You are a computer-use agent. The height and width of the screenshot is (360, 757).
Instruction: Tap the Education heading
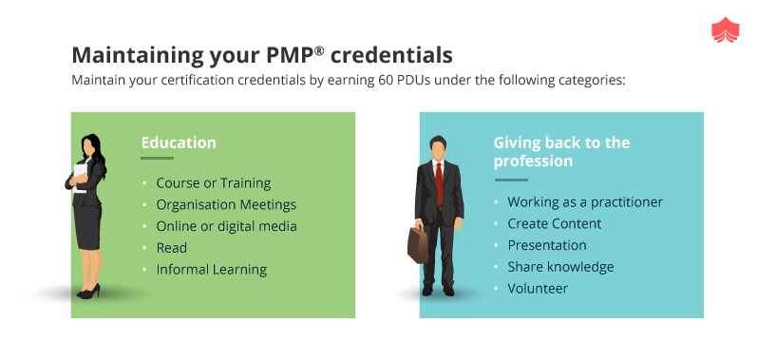pyautogui.click(x=179, y=143)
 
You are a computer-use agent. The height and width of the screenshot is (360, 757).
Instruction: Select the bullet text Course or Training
pyautogui.click(x=214, y=182)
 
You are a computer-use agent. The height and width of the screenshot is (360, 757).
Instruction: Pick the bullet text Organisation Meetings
pyautogui.click(x=226, y=204)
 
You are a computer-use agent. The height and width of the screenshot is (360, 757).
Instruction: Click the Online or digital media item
pyautogui.click(x=226, y=226)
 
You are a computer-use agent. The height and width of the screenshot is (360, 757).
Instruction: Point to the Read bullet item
pyautogui.click(x=172, y=248)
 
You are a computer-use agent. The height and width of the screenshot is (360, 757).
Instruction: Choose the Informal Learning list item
pyautogui.click(x=212, y=270)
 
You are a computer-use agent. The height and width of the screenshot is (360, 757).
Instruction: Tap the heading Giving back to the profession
pyautogui.click(x=560, y=152)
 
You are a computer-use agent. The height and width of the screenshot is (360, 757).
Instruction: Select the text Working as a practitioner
pyautogui.click(x=585, y=202)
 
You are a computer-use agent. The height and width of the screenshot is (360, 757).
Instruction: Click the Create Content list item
pyautogui.click(x=555, y=223)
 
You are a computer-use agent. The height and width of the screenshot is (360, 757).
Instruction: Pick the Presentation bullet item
pyautogui.click(x=547, y=245)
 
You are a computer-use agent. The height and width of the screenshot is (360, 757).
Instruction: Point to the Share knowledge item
pyautogui.click(x=560, y=267)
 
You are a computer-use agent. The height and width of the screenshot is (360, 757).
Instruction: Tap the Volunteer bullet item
pyautogui.click(x=538, y=288)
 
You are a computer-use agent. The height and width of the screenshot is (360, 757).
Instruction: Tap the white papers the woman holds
pyautogui.click(x=74, y=180)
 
